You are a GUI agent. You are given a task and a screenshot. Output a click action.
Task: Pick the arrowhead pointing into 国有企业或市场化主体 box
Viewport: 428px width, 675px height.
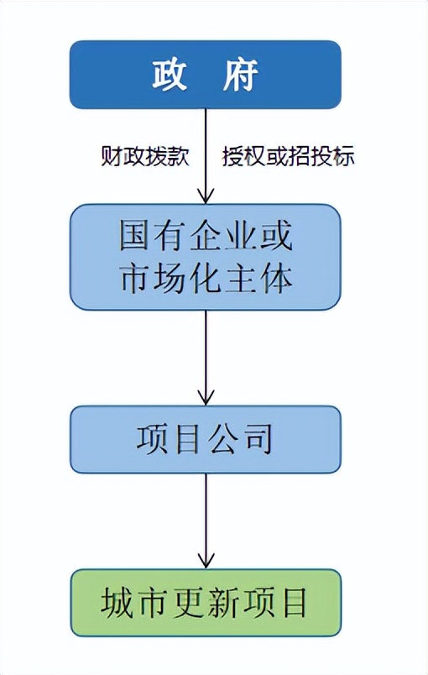point(206,194)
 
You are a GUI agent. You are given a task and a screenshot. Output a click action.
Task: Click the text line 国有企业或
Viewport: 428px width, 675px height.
point(206,238)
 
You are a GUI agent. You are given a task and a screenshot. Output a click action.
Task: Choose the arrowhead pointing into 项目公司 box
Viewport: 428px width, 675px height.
point(206,396)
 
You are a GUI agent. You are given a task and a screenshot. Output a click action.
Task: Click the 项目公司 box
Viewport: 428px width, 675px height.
point(206,439)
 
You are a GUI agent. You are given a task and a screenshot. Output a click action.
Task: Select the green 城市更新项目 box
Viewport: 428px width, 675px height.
point(206,603)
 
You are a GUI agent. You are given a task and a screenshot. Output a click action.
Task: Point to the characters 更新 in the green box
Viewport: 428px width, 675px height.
point(206,603)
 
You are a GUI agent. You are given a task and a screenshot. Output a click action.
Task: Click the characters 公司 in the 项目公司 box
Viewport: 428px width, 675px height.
point(243,439)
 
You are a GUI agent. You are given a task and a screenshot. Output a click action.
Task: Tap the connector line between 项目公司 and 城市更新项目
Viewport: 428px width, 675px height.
point(206,512)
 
